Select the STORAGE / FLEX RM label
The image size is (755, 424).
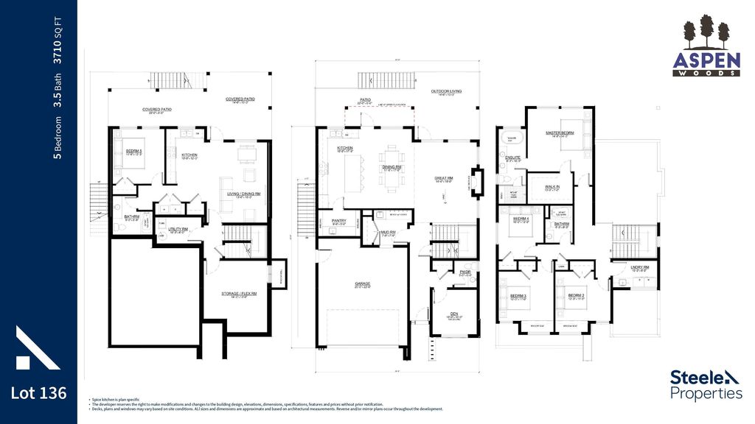[x=239, y=293]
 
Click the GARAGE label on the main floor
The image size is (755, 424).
[x=362, y=283]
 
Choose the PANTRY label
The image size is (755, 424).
[x=339, y=220]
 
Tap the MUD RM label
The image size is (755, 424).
[x=389, y=233]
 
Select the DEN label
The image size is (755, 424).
[x=455, y=314]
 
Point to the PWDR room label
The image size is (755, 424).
[x=465, y=272]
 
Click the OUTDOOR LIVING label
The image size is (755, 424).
[x=446, y=92]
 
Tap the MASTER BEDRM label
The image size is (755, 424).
[x=560, y=133]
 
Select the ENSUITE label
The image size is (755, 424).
[x=512, y=157]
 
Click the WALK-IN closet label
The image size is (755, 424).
[x=552, y=187]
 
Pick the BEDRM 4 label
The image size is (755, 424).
[x=521, y=219]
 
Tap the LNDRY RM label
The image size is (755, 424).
[x=639, y=267]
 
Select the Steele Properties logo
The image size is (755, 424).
[x=706, y=384]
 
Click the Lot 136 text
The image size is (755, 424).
[x=38, y=393]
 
